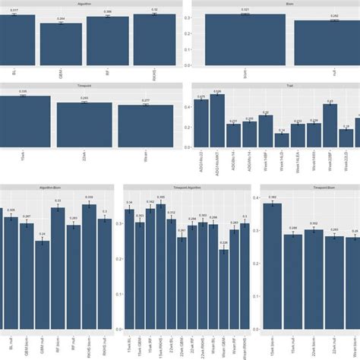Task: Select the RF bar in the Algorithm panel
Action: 107,42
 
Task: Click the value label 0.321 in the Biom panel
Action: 245,10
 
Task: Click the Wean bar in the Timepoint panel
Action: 144,125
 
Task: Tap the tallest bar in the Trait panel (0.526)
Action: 217,122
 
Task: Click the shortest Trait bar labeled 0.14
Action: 282,141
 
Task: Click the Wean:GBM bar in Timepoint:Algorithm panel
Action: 223,278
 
